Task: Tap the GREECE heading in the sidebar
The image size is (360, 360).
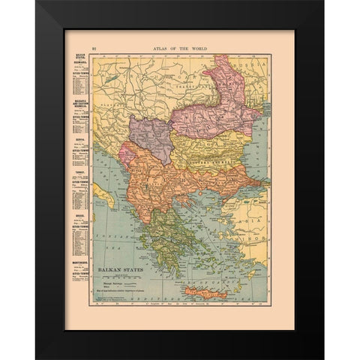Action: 77,214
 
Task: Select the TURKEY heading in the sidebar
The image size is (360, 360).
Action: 77,170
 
